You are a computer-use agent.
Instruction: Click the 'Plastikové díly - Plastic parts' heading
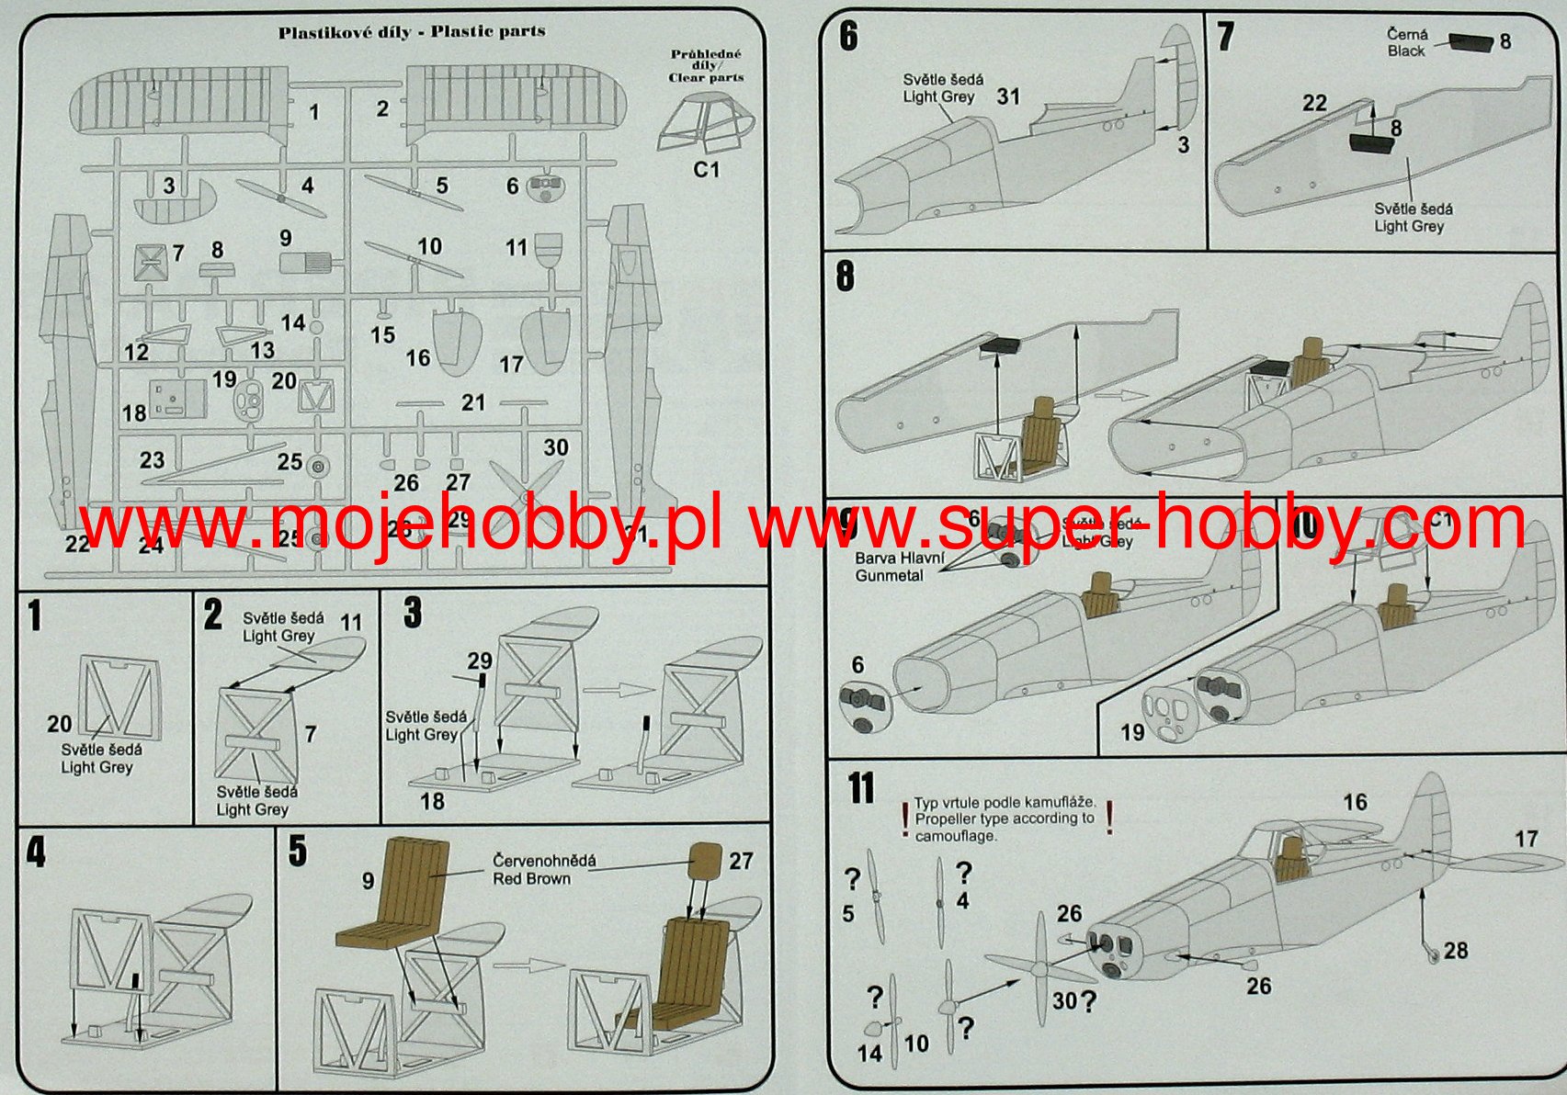click(x=412, y=32)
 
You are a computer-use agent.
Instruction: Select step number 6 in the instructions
click(x=848, y=37)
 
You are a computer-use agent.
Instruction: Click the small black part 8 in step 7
click(x=1470, y=42)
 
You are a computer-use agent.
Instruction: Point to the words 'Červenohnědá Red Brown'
click(x=543, y=869)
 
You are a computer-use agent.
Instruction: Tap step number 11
click(x=861, y=788)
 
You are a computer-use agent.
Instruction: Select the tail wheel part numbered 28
click(x=1432, y=953)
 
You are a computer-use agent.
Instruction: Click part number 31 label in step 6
click(x=1008, y=96)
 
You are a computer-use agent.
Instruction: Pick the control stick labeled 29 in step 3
click(x=480, y=684)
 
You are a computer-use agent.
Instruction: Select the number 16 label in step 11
click(x=1355, y=802)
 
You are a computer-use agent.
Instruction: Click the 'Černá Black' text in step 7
click(x=1407, y=42)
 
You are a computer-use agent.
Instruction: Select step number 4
click(x=35, y=852)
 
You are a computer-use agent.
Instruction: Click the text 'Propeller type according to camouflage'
click(x=1005, y=818)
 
